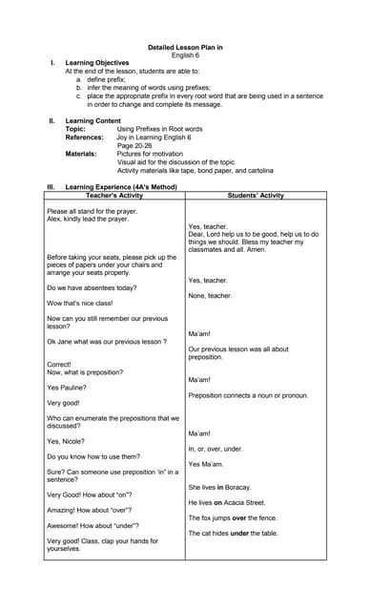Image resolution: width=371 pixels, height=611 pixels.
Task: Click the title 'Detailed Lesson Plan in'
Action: point(185,47)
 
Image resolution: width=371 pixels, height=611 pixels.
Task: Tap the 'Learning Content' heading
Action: point(93,121)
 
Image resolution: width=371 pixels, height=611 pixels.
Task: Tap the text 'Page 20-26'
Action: point(138,145)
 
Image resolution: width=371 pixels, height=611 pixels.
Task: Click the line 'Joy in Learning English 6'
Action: point(154,137)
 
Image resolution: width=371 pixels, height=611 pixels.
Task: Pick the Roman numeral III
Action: point(52,187)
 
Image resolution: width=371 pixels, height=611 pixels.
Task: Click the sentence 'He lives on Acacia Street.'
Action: point(226,502)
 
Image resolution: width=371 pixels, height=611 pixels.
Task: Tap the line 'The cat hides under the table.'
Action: point(233,533)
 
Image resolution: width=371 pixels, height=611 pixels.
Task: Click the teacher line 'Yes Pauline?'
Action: point(67,388)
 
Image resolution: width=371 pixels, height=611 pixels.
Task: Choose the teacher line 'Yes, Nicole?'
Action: point(66,441)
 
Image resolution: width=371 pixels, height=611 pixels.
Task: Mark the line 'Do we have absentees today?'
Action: point(92,287)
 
